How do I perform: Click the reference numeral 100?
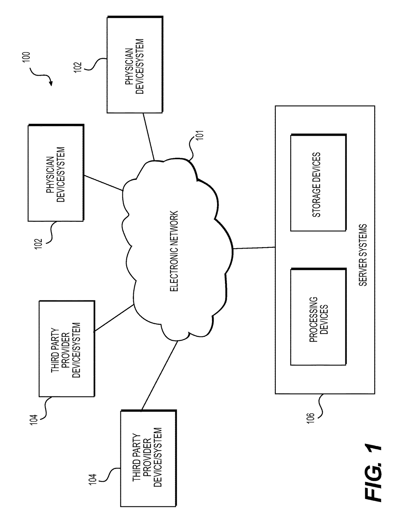26,57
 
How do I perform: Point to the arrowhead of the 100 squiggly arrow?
51,83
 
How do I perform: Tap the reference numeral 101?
200,135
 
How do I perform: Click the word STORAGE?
317,201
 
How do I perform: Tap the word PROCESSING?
313,320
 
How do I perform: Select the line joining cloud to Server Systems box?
254,248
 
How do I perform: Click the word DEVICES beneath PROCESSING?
324,320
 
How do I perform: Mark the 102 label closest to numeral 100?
78,67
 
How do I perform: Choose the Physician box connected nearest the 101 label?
135,65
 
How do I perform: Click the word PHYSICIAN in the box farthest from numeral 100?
50,175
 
